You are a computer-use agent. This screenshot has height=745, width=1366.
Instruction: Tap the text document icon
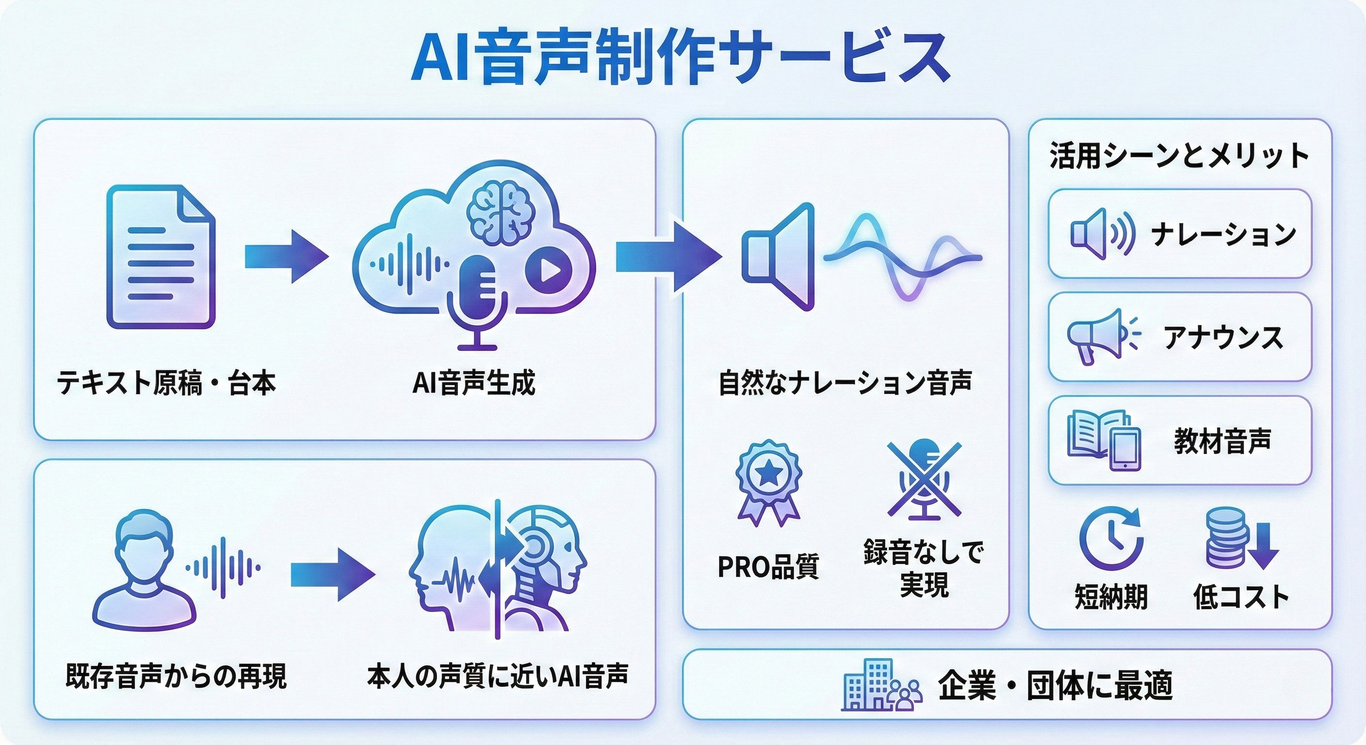coord(161,257)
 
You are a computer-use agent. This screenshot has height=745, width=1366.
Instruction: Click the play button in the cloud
coord(548,271)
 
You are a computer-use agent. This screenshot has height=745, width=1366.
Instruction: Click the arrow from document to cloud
coord(286,257)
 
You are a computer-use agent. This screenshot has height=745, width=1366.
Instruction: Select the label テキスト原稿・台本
coord(166,383)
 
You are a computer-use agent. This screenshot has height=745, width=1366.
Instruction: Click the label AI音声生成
coord(473,383)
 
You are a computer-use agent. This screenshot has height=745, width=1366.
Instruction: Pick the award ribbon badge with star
coord(768,482)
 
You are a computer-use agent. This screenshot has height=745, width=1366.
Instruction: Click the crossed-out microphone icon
coord(924,480)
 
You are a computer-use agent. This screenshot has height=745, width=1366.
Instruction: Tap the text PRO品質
coord(768,567)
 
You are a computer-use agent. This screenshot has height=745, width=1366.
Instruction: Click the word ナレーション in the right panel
coord(1223,234)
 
